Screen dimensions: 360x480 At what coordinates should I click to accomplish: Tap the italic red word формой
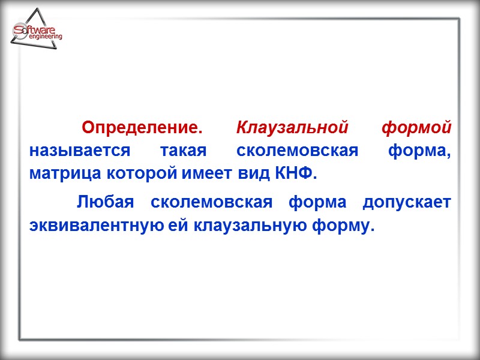pyautogui.click(x=416, y=128)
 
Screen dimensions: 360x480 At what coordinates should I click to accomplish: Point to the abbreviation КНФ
pyautogui.click(x=295, y=173)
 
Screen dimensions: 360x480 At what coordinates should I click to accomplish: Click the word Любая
pyautogui.click(x=105, y=203)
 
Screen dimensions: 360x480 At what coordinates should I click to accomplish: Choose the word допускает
pyautogui.click(x=407, y=203)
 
